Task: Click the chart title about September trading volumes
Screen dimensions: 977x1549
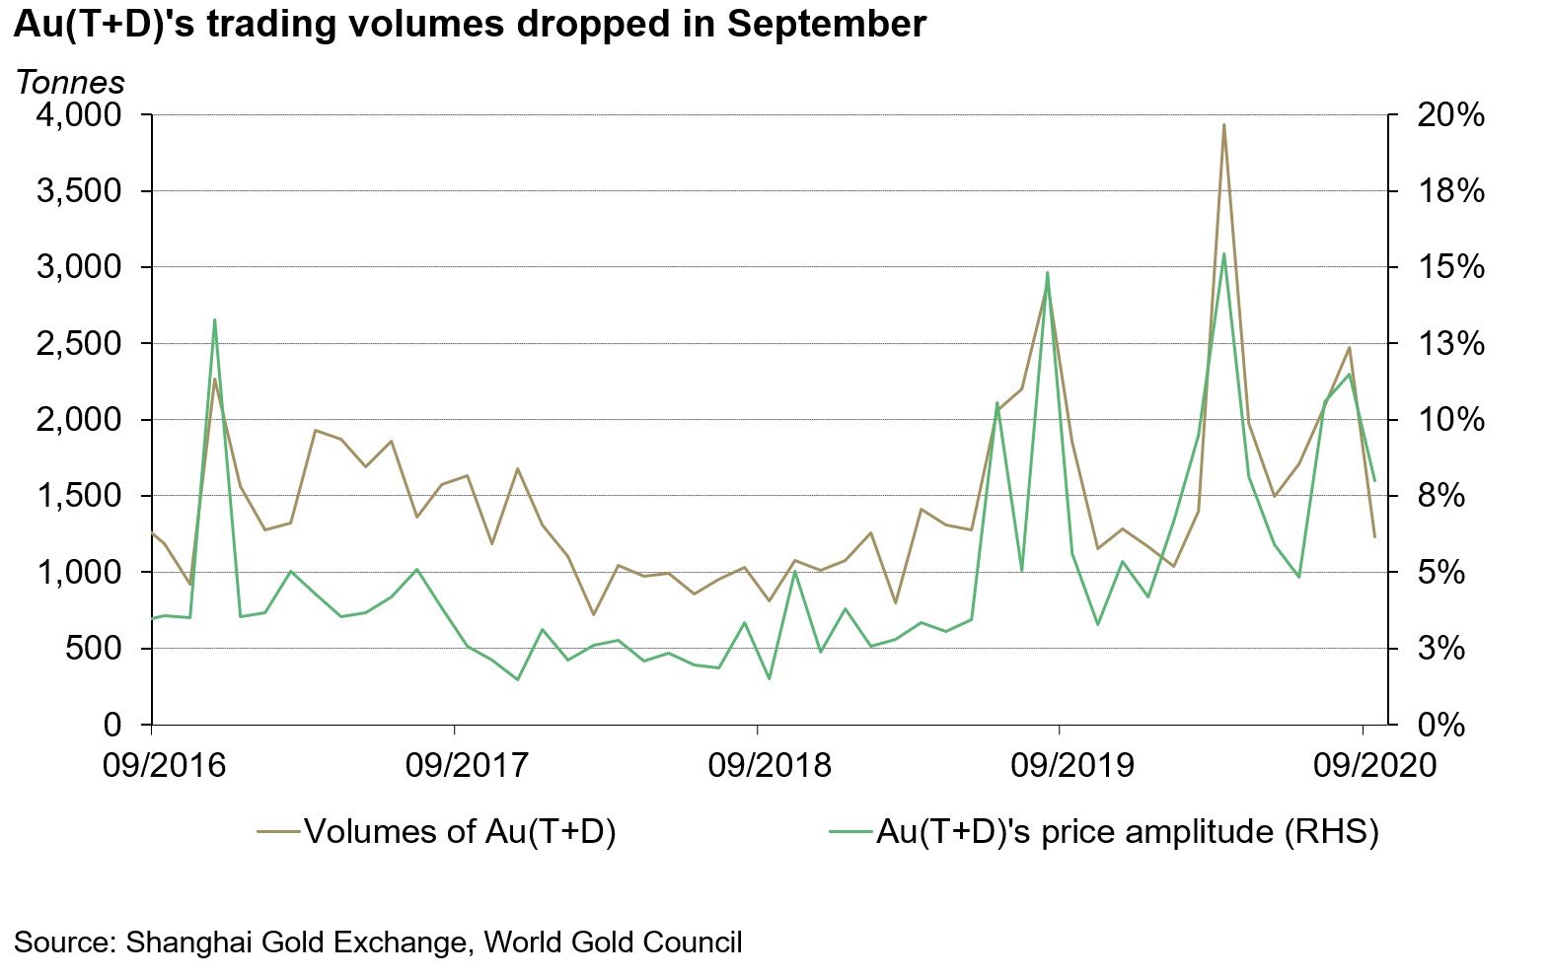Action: tap(470, 24)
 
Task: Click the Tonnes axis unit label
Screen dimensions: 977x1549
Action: tap(70, 82)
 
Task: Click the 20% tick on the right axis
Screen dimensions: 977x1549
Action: tap(1450, 115)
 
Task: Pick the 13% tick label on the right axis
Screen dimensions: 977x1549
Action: tap(1450, 344)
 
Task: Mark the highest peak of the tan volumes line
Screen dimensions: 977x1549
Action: tap(1223, 125)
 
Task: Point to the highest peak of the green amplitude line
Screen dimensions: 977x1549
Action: tap(1223, 254)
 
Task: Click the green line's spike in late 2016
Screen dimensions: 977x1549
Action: tap(214, 319)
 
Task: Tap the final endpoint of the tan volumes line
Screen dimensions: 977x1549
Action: tap(1374, 536)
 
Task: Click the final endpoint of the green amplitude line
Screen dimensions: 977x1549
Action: tap(1374, 480)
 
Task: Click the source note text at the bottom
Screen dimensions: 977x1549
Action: tap(378, 942)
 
